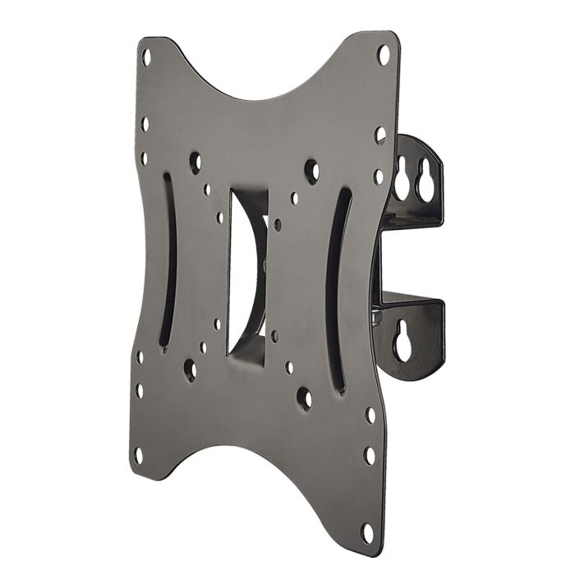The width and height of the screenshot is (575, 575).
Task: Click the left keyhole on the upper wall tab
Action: point(402,179)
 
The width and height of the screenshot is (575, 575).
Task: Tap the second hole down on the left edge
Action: point(145,125)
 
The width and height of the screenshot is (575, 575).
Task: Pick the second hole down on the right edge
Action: point(381,132)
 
